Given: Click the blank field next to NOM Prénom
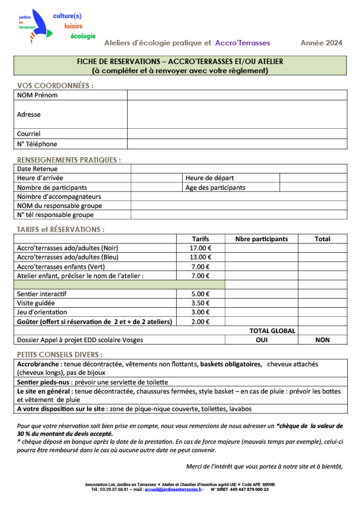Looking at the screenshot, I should (237, 96).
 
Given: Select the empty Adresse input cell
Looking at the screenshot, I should (237, 114).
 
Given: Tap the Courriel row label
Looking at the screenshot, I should (29, 134).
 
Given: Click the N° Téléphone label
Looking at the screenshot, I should (37, 144).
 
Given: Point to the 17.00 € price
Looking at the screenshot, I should (200, 248).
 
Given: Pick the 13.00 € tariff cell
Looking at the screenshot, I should (200, 257).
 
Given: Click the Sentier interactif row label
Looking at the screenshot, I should (42, 293).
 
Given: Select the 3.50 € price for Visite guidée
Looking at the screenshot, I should (200, 303).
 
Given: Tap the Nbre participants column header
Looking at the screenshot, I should (261, 239).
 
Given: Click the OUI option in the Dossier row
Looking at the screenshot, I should (261, 340).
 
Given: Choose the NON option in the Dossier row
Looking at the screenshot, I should (322, 340).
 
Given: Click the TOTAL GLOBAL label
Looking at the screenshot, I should (272, 331).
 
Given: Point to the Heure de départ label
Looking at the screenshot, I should (209, 178).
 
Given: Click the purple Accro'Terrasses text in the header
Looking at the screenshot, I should (243, 43).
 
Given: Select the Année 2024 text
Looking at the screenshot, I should (321, 43).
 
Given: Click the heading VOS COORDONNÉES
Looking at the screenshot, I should (55, 85).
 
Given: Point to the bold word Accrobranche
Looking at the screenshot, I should (38, 365).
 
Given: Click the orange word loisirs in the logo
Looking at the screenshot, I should (73, 26).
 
